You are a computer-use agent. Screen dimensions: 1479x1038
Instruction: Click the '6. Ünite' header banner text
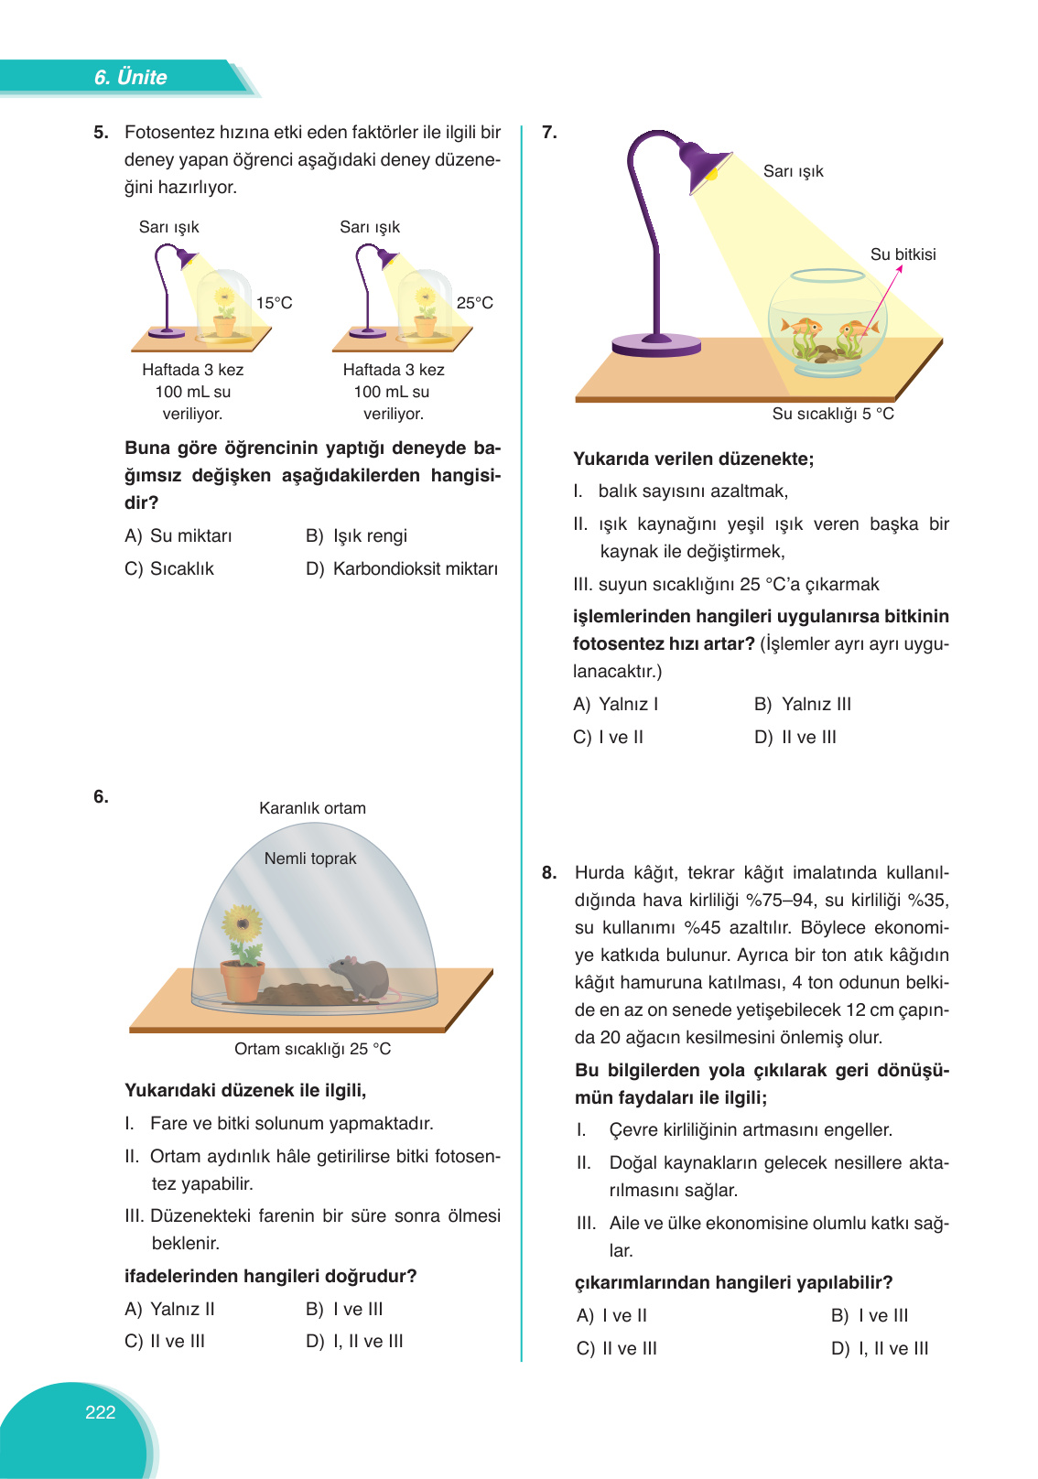tap(130, 78)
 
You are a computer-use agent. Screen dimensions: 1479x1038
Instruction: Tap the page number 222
tap(100, 1412)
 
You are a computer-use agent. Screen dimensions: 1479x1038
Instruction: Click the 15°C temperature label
tap(274, 303)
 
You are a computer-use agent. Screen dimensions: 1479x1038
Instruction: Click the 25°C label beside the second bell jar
tap(474, 303)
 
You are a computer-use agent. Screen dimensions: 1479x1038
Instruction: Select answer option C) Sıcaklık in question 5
tap(169, 568)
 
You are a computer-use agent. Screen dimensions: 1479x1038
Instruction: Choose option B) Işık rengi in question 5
tap(357, 535)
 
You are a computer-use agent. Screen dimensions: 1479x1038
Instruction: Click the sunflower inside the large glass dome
tap(243, 926)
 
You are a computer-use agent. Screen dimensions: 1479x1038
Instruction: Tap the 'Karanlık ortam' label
tap(312, 808)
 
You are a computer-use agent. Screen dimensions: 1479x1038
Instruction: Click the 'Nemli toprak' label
tap(310, 858)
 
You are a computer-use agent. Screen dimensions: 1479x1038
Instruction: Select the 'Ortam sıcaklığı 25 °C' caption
tap(312, 1049)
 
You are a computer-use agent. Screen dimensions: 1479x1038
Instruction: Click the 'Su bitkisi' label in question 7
tap(903, 254)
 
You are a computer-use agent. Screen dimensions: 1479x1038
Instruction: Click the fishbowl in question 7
tap(827, 325)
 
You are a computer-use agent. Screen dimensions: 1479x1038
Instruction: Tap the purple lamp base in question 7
tap(656, 345)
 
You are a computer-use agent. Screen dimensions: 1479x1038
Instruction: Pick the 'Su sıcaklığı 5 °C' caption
tap(833, 414)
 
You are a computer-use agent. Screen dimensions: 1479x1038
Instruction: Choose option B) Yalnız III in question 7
tap(803, 704)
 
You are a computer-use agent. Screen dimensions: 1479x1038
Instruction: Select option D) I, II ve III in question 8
tap(880, 1348)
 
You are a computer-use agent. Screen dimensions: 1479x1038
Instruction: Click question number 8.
tap(549, 872)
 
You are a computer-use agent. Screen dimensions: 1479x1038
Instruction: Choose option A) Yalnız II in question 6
tap(169, 1309)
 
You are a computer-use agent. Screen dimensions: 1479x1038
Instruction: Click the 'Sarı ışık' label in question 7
tap(793, 171)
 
